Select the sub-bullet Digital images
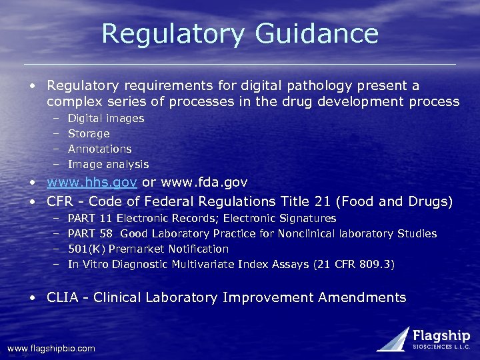coord(106,118)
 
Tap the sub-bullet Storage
coord(89,133)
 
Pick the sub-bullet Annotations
coord(100,149)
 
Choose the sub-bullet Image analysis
coord(109,164)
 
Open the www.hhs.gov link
coord(91,182)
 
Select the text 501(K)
coord(86,249)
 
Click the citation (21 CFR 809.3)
coord(353,264)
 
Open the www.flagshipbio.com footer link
coord(51,348)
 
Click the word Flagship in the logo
coord(441,336)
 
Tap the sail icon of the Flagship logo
coord(393,339)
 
